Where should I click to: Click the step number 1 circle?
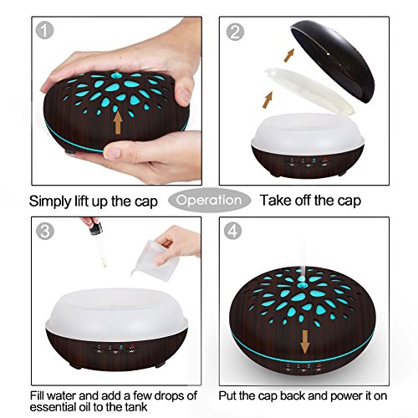point(44,30)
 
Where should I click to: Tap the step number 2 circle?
point(235,32)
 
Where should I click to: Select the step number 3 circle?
point(44,231)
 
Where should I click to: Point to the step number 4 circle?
point(233,231)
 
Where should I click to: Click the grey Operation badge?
point(209,200)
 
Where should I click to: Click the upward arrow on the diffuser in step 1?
point(118,122)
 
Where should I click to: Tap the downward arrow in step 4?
point(305,342)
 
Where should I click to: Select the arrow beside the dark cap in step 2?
point(289,55)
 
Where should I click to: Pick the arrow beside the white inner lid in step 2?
point(268,100)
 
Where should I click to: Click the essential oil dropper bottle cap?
point(95,229)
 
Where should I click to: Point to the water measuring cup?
point(156,260)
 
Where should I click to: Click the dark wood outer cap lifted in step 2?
point(332,61)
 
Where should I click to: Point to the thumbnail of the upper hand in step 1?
point(184,96)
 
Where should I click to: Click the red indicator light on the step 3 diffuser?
point(131,346)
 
